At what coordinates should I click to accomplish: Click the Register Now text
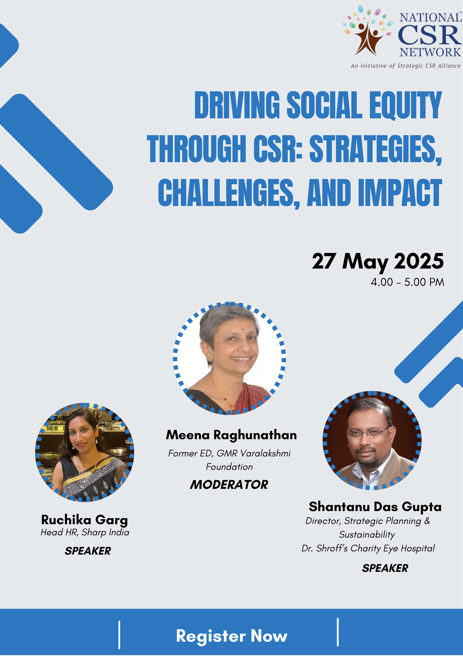click(x=232, y=636)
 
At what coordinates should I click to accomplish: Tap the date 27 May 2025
click(x=378, y=261)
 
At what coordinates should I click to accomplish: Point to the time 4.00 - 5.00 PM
click(x=407, y=282)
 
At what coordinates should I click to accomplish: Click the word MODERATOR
click(x=229, y=484)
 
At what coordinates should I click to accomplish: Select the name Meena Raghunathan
click(x=231, y=435)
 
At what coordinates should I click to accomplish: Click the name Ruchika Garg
click(x=85, y=520)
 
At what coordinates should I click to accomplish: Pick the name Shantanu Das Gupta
click(x=375, y=507)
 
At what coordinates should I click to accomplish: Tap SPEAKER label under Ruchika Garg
click(x=88, y=551)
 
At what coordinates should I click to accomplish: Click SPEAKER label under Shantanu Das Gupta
click(x=385, y=568)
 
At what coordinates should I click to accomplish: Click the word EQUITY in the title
click(x=406, y=105)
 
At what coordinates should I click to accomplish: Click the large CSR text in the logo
click(x=430, y=35)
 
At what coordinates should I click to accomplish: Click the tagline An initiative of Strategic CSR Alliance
click(x=406, y=66)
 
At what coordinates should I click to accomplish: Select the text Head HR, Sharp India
click(x=85, y=533)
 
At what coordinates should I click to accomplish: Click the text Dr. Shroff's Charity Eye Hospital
click(x=368, y=548)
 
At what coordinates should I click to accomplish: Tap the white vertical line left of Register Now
click(x=119, y=635)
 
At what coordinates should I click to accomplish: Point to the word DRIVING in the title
click(x=237, y=105)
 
